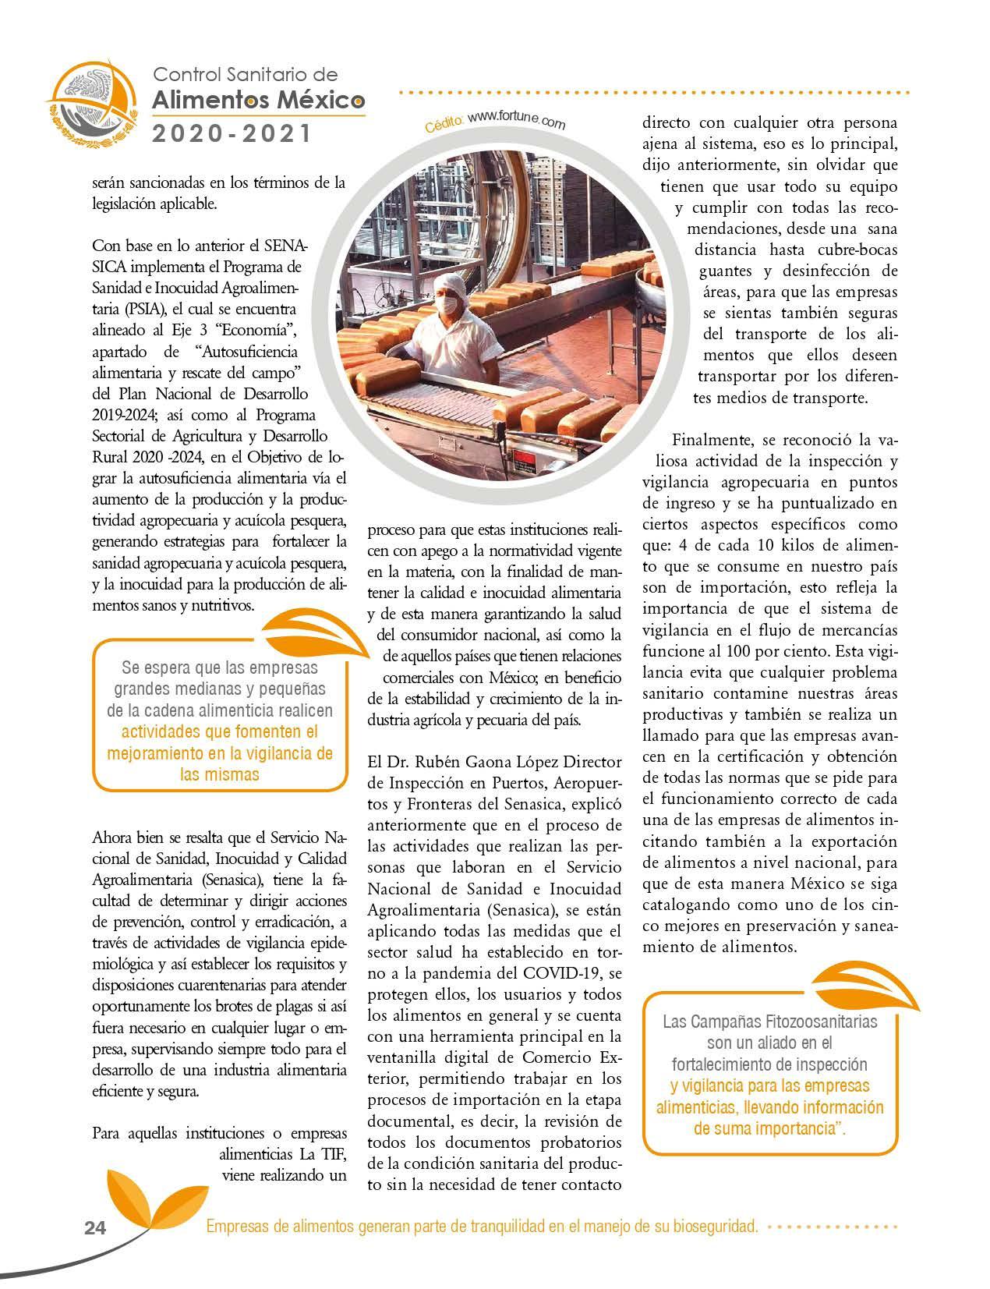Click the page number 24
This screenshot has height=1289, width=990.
(x=94, y=1227)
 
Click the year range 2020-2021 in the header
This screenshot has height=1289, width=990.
(x=232, y=134)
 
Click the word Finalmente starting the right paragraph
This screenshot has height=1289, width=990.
(x=711, y=441)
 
